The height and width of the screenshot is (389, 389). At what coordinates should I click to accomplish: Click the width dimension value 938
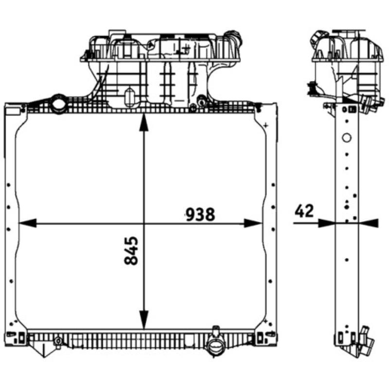[199, 213]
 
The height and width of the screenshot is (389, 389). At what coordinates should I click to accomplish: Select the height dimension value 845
[131, 250]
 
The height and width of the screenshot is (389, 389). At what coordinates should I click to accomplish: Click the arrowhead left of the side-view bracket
[327, 223]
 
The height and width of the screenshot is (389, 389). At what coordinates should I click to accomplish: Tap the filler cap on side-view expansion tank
[318, 37]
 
